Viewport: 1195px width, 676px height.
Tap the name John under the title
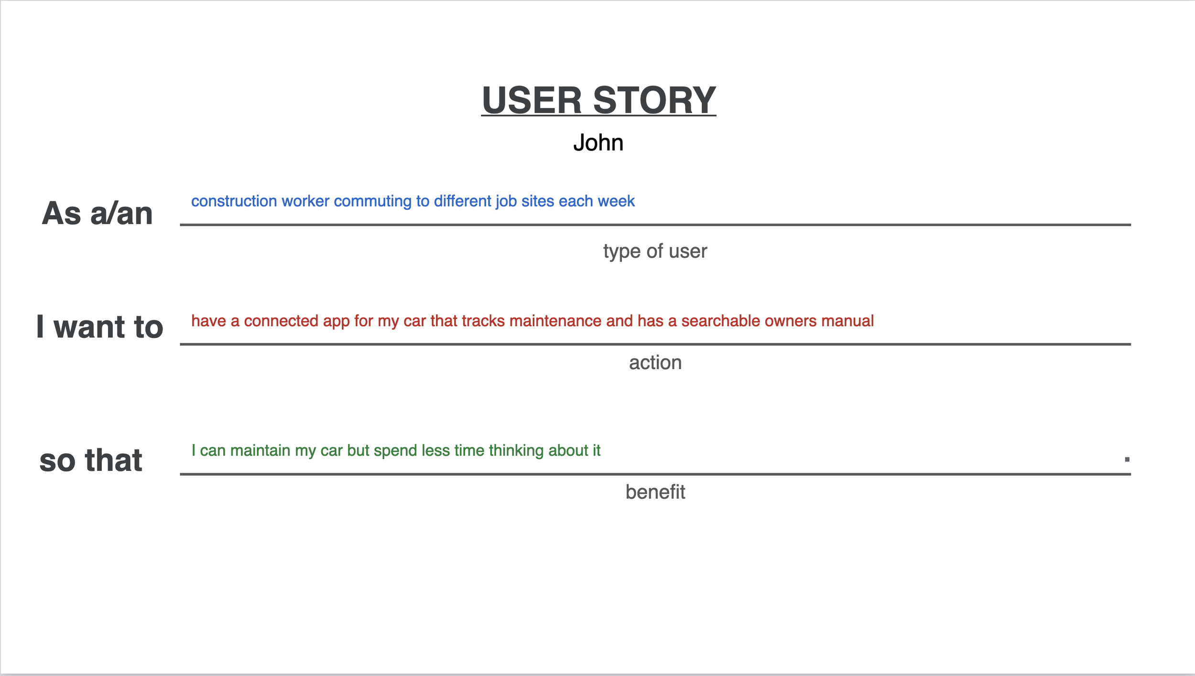(598, 142)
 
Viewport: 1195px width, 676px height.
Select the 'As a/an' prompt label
(98, 213)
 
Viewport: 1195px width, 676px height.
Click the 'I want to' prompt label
(100, 327)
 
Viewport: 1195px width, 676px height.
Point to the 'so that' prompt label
(91, 460)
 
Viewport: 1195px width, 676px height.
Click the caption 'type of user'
(655, 251)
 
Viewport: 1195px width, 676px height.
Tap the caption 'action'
(655, 363)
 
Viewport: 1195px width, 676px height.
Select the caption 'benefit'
(655, 492)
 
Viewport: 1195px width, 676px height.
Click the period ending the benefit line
(1127, 459)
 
